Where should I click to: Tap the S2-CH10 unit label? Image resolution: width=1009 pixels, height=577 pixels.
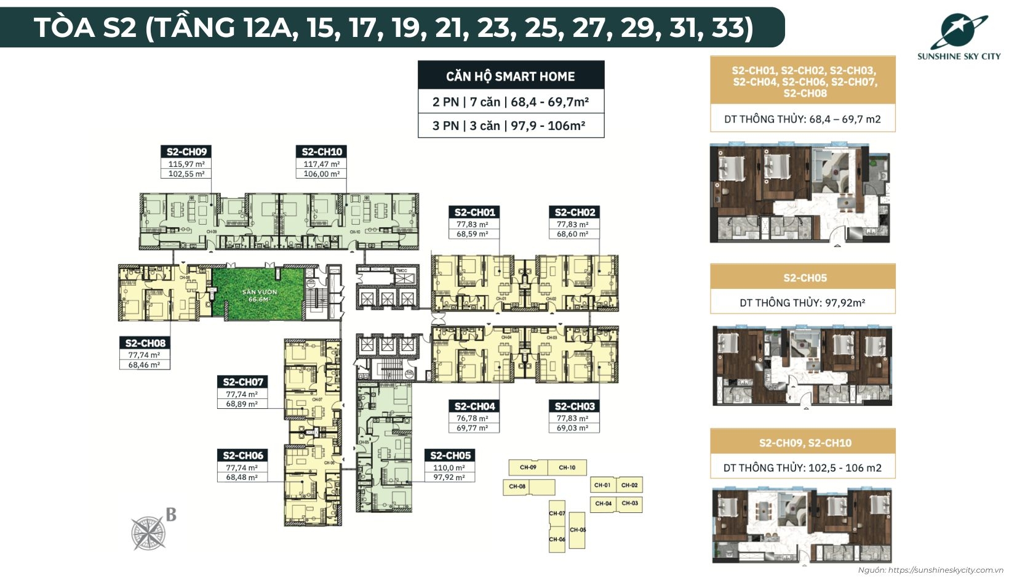[x=322, y=151]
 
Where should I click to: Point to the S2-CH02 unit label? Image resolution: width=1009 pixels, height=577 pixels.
[x=575, y=212]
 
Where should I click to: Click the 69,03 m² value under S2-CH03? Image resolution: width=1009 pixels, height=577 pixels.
[x=573, y=428]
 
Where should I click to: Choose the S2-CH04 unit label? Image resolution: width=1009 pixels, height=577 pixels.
[x=474, y=406]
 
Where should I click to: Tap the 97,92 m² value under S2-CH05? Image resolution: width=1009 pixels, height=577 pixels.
[x=449, y=477]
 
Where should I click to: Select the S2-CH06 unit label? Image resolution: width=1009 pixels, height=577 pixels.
[x=243, y=456]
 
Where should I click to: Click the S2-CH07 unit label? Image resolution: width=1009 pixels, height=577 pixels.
[x=243, y=382]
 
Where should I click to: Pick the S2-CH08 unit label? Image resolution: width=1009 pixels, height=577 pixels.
[x=145, y=343]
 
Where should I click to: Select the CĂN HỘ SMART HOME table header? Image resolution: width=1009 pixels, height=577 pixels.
[x=511, y=76]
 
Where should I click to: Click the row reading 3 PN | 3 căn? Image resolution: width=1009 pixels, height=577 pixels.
[x=509, y=126]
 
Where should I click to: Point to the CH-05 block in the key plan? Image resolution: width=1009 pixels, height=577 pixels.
[x=577, y=530]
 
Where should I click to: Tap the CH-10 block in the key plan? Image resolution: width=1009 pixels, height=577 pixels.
[x=567, y=467]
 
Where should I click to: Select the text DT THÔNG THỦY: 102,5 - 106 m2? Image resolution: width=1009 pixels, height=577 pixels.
[x=802, y=468]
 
